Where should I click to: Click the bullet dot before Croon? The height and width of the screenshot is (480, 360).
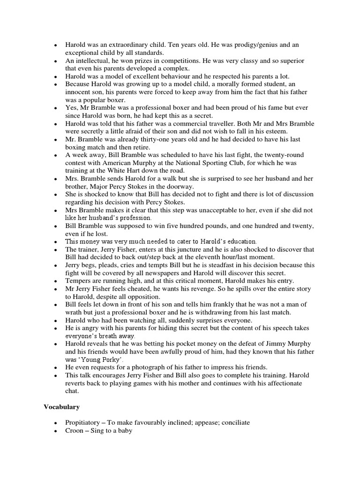(56, 430)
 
